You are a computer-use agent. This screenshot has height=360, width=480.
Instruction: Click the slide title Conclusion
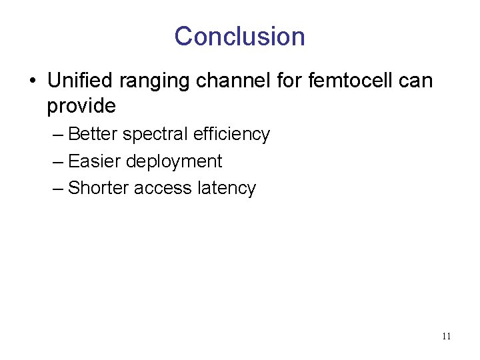coord(239,36)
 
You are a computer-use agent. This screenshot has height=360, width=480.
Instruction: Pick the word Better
coord(93,134)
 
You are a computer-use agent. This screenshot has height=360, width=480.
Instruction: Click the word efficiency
coord(231,135)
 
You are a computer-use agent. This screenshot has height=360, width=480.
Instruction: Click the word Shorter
coord(99,188)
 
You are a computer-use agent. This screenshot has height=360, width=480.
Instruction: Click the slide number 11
coord(446,336)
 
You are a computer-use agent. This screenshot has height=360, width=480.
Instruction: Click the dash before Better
coord(58,135)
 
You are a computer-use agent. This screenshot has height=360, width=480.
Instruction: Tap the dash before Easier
coord(58,162)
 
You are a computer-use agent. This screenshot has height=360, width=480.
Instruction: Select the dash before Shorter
coord(58,189)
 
